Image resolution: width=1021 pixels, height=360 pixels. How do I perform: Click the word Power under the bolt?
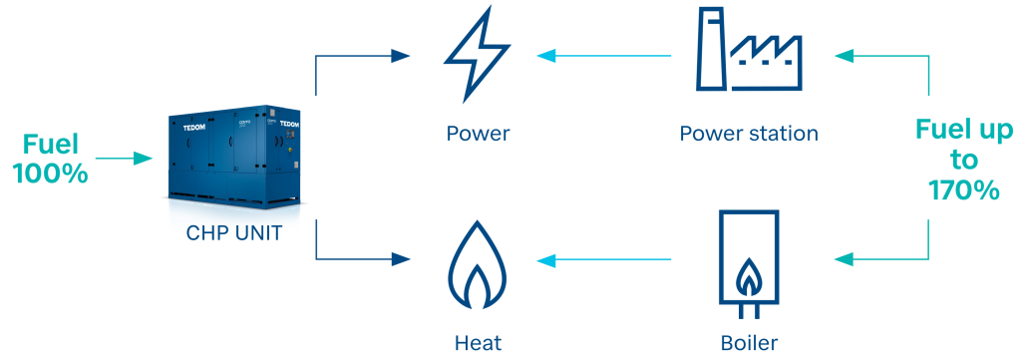tap(478, 133)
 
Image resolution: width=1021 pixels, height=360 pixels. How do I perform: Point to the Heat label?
tap(478, 343)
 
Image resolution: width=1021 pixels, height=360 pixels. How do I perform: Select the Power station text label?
tap(749, 133)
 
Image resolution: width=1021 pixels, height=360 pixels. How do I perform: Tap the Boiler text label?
tap(748, 343)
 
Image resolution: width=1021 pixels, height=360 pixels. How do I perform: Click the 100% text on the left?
tap(50, 173)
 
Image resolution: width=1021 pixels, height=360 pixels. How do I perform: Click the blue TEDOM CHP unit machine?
tap(235, 160)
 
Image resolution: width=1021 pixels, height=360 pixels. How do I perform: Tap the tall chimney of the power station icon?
tap(710, 49)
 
